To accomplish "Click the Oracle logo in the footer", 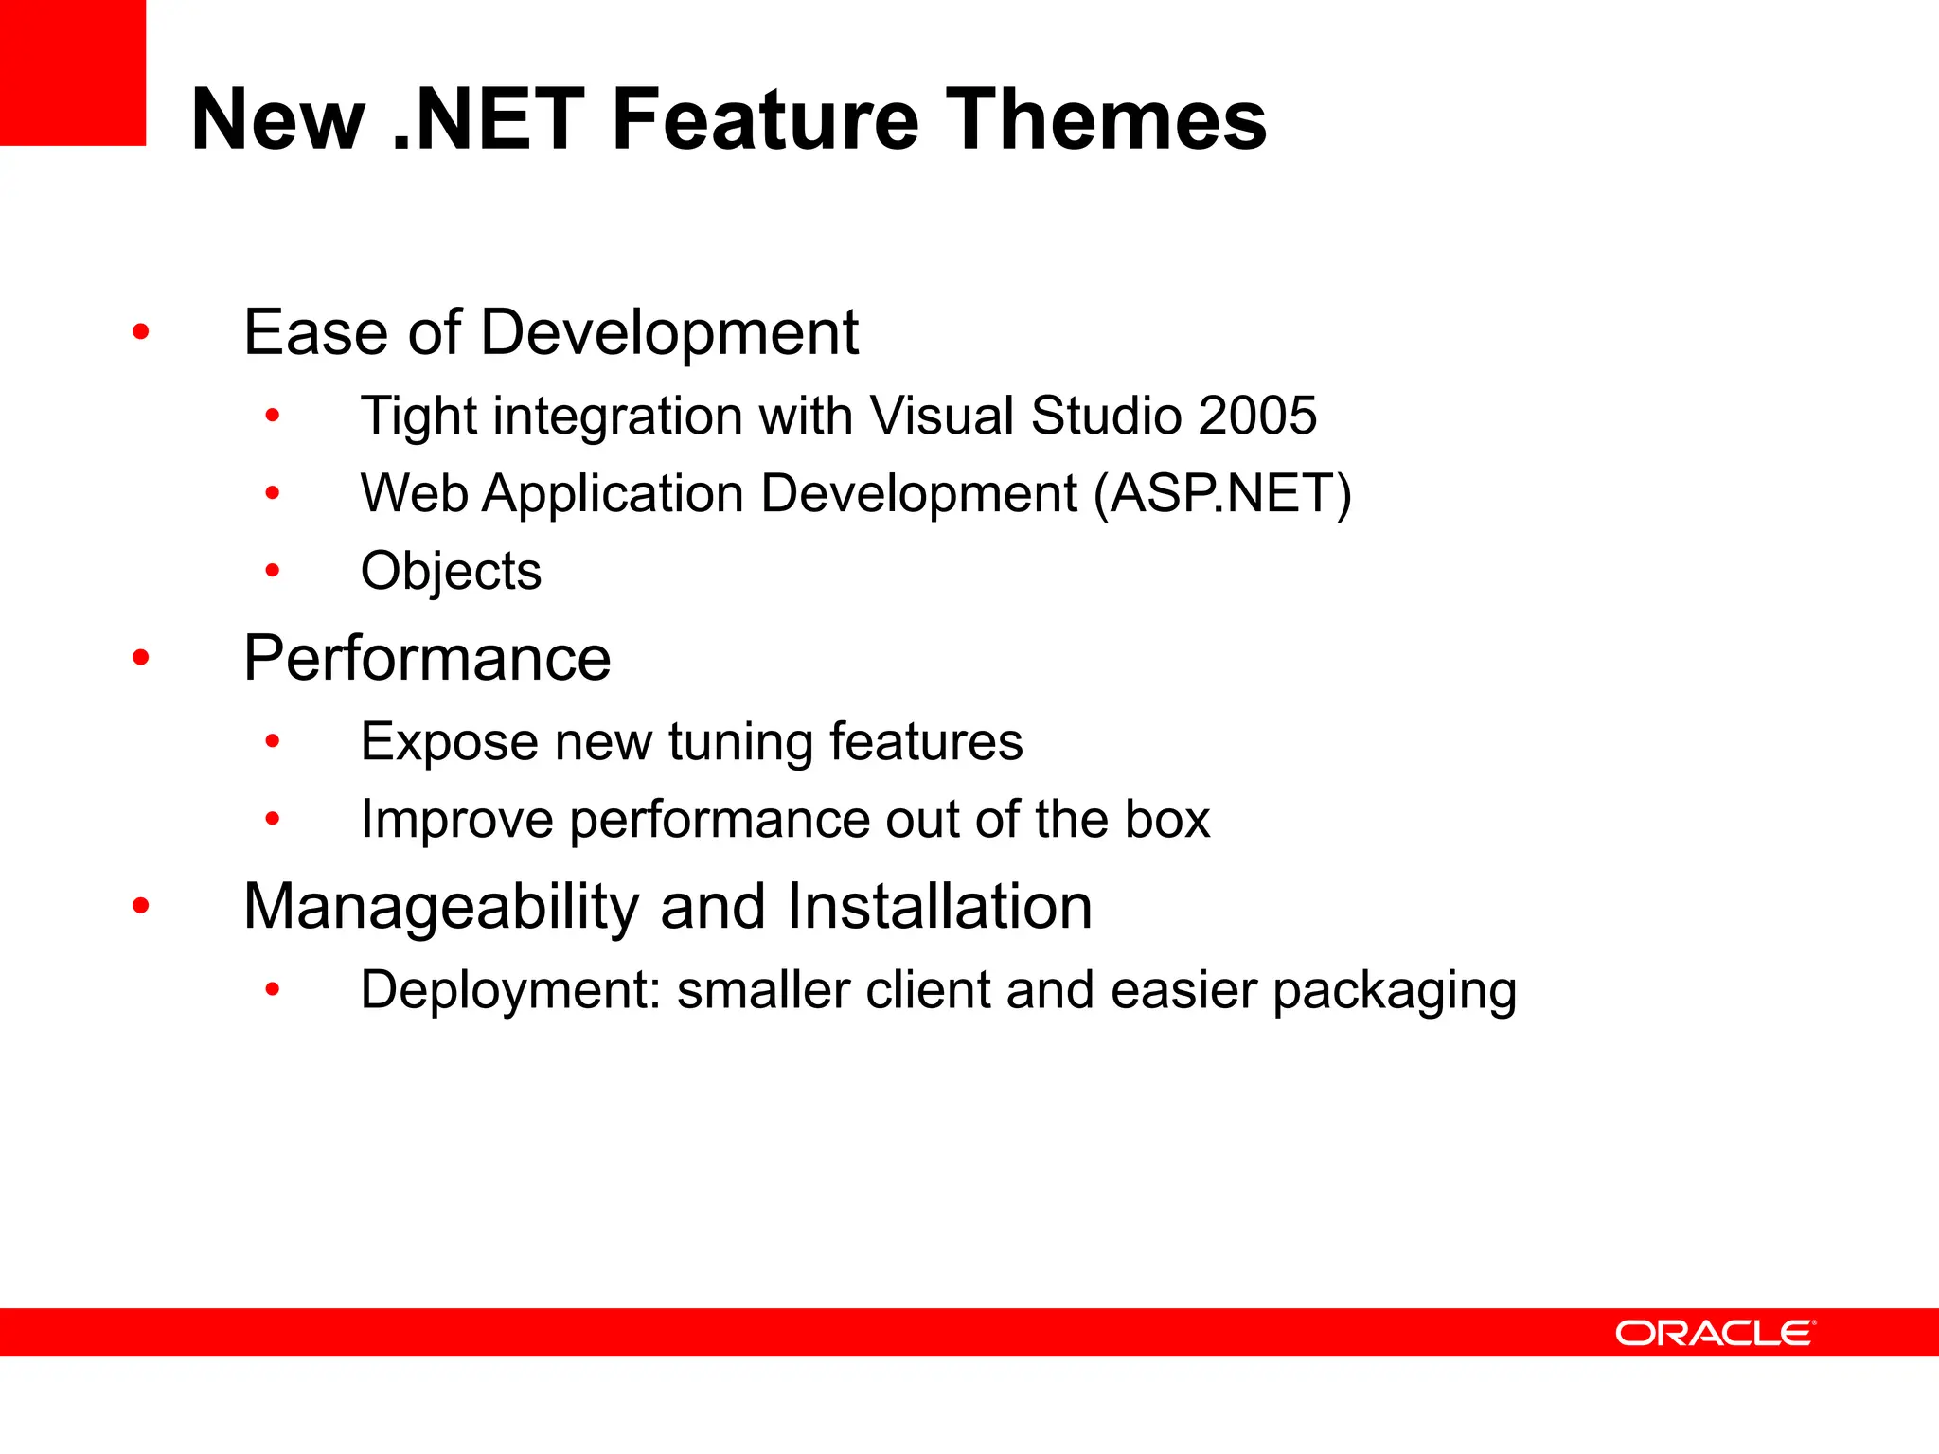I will [x=1716, y=1333].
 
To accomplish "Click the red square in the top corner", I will [x=72, y=72].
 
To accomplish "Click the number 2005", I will [x=1256, y=416].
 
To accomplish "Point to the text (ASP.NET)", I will [x=1222, y=494].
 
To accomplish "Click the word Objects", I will [x=451, y=572].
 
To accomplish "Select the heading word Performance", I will [x=427, y=658].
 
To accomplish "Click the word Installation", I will [x=939, y=907].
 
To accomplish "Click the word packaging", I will [x=1394, y=991].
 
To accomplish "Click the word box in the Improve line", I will [x=1167, y=819].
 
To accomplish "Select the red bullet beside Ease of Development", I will [x=141, y=332].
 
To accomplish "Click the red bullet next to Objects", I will [x=273, y=571].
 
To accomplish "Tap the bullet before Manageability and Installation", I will [x=141, y=907].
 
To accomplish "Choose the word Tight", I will [x=418, y=416].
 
